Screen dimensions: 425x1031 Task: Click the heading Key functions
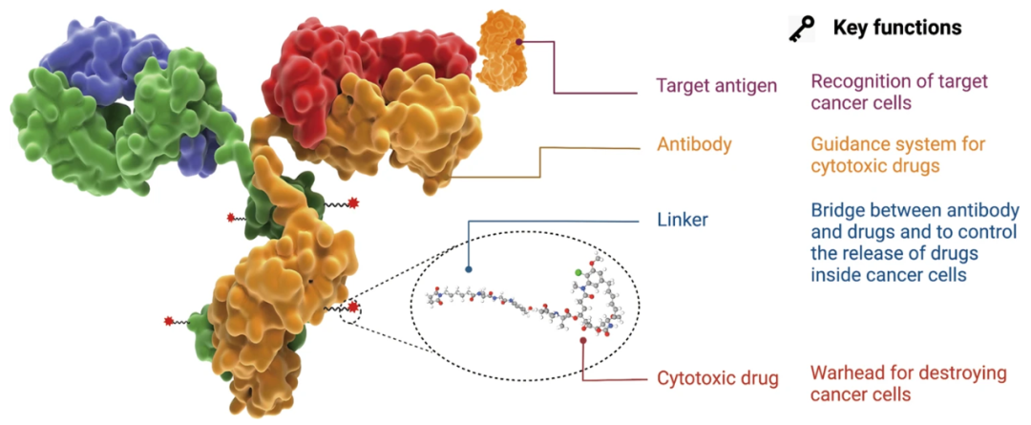pyautogui.click(x=896, y=29)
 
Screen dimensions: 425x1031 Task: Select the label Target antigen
pyautogui.click(x=716, y=86)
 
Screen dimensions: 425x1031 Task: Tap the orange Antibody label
pyautogui.click(x=694, y=145)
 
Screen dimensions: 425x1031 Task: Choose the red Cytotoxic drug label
pyautogui.click(x=718, y=378)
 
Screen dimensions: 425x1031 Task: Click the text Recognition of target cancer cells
pyautogui.click(x=898, y=93)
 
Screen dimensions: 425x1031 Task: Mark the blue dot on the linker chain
pyautogui.click(x=469, y=269)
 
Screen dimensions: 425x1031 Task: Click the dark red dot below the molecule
pyautogui.click(x=583, y=340)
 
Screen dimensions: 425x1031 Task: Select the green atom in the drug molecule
pyautogui.click(x=579, y=273)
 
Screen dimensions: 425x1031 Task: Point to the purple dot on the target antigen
pyautogui.click(x=519, y=42)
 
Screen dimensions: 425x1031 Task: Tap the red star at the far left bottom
pyautogui.click(x=169, y=320)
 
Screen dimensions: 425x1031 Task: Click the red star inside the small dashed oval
pyautogui.click(x=354, y=308)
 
